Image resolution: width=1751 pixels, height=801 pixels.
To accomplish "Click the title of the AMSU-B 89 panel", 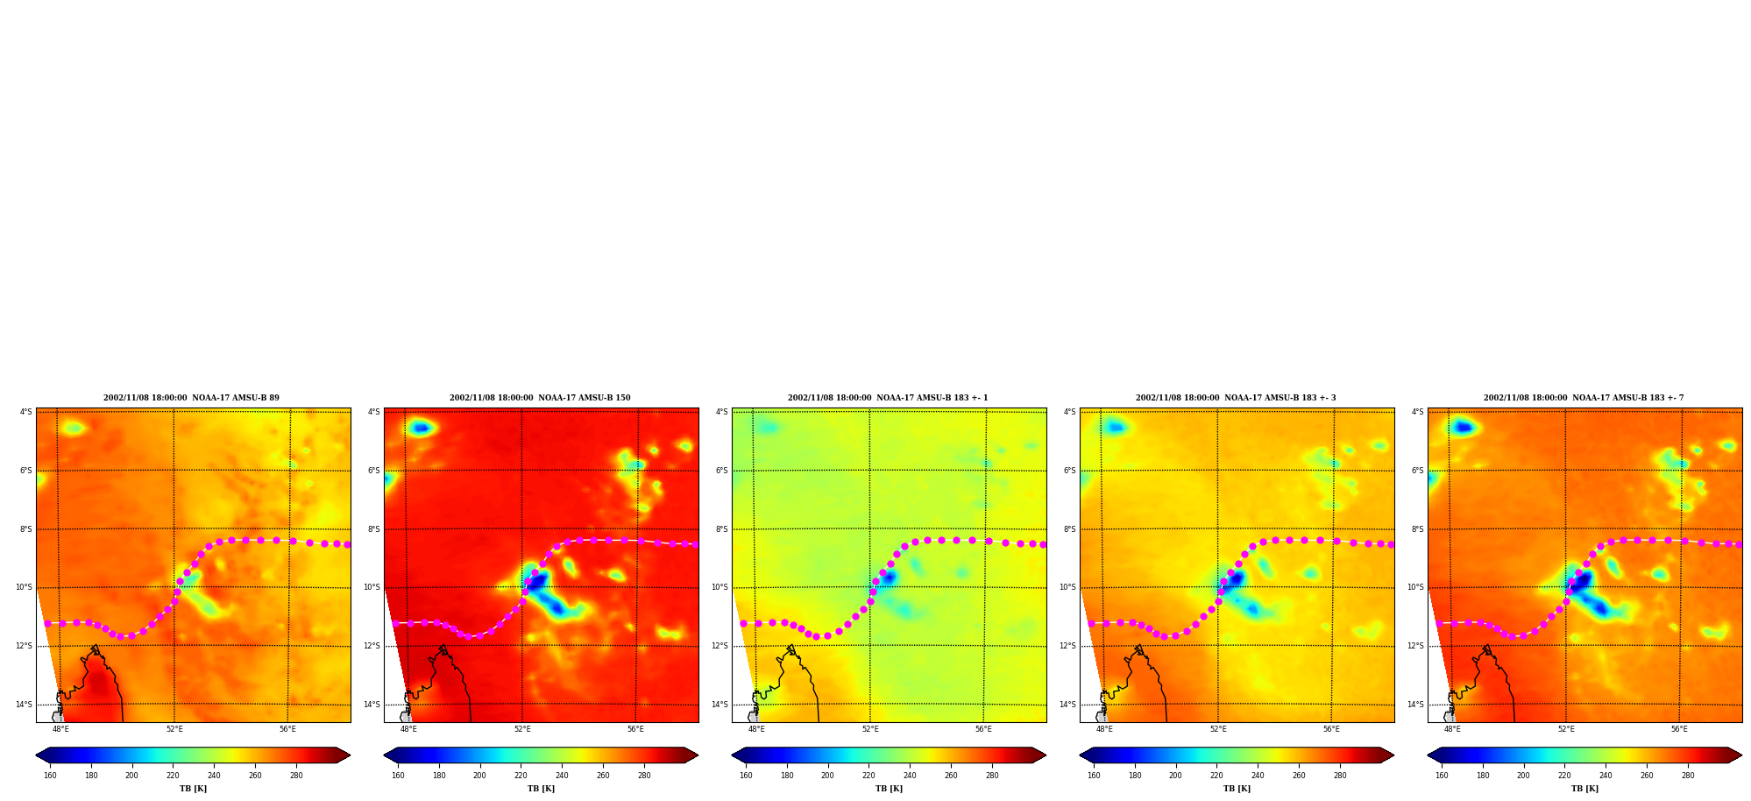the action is [x=191, y=398].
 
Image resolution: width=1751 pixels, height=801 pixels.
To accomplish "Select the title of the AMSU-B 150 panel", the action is [x=540, y=398].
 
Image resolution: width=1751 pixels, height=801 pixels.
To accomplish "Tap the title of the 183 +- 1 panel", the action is [x=888, y=398].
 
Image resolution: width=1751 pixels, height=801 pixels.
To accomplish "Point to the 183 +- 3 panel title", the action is [x=1236, y=398].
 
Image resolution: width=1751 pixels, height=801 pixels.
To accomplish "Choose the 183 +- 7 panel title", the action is [x=1584, y=398].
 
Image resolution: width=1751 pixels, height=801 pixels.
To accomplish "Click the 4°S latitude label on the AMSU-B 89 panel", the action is [x=26, y=412].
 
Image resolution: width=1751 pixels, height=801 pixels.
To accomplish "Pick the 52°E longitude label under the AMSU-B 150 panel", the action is [x=522, y=729].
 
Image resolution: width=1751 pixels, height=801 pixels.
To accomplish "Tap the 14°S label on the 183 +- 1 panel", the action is [x=719, y=705].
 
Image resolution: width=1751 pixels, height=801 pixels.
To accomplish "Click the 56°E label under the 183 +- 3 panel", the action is [x=1331, y=729].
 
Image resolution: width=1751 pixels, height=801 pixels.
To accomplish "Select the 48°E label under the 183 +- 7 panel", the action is [x=1452, y=729].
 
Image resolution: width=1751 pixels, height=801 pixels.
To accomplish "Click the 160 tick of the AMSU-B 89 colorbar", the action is [x=50, y=776].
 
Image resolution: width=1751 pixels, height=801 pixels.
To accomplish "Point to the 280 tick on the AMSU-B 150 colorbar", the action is [x=644, y=776].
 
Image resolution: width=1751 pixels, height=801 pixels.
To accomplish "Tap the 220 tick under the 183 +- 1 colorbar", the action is [x=868, y=776].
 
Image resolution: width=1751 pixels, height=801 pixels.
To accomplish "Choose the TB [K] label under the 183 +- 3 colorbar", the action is [x=1237, y=789].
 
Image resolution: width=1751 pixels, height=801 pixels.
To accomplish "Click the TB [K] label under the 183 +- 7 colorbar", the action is [x=1584, y=789].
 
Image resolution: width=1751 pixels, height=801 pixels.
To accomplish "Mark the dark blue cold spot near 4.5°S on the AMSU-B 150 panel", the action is [x=422, y=428].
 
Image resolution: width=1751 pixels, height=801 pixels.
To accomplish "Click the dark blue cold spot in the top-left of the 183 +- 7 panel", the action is [x=1463, y=427].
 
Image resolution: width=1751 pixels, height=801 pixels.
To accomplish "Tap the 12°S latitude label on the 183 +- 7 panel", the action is [x=1414, y=646].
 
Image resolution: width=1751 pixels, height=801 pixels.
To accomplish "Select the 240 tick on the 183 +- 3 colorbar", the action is [x=1258, y=776].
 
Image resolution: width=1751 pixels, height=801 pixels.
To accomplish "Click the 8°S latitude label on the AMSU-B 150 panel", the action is [x=374, y=529].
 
